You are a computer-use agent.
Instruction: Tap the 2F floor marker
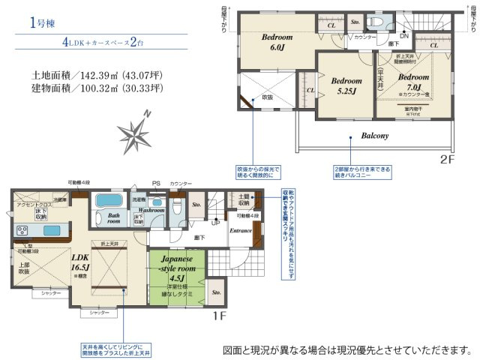pos(448,159)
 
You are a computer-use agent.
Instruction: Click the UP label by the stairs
pos(216,222)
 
